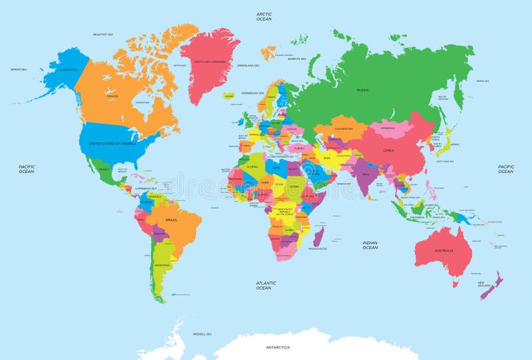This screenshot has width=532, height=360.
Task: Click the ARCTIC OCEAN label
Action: pos(264,17)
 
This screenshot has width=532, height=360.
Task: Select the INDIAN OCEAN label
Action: pos(370,246)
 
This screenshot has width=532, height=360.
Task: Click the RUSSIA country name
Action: pos(362,89)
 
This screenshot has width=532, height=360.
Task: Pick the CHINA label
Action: pos(388,150)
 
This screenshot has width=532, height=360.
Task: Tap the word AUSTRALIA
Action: pos(444,251)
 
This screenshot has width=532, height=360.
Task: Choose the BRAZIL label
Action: pos(171,220)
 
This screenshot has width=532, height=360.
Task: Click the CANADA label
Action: pos(112,96)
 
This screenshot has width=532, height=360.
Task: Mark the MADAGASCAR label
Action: pos(317,249)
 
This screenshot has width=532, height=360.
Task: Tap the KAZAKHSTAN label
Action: pos(343,128)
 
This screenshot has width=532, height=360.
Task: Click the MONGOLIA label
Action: pos(388,128)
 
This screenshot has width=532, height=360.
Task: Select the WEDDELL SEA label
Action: pos(201,333)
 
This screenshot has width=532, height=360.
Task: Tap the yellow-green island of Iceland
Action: pos(230,95)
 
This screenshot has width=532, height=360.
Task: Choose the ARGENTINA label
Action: pos(162,265)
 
